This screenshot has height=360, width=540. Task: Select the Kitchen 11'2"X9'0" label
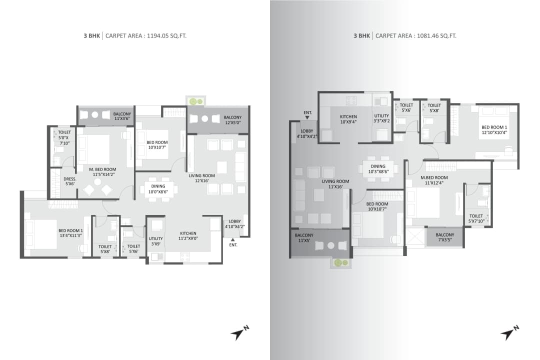click(x=188, y=236)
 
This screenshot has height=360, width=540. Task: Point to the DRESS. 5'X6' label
click(x=69, y=181)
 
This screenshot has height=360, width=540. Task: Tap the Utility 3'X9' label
click(x=155, y=241)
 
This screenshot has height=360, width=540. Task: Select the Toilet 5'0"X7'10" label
click(x=64, y=137)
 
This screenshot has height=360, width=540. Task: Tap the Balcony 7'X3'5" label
click(x=444, y=237)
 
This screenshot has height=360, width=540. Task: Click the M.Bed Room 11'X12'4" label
click(x=434, y=180)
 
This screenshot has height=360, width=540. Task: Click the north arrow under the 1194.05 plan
click(x=239, y=333)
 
